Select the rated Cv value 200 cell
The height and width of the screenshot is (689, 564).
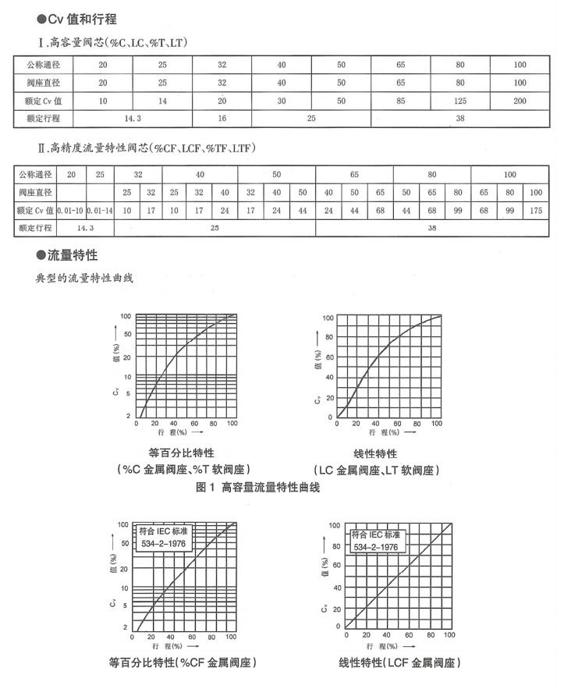520,101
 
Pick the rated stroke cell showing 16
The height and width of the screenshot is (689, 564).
221,119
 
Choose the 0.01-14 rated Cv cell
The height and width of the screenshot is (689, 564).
100,209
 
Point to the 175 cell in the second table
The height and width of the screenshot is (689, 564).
536,209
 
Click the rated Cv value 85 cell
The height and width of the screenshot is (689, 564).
400,101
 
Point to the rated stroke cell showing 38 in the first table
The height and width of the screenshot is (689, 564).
461,119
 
